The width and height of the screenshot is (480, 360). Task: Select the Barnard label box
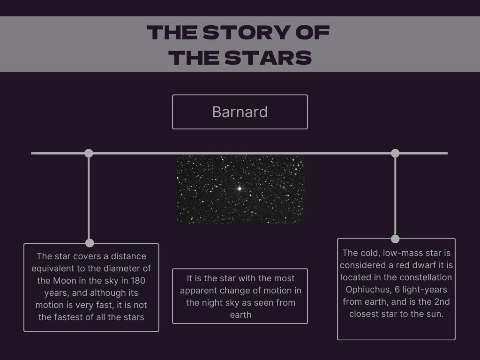[x=240, y=112]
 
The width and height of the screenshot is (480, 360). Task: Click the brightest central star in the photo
[x=240, y=188]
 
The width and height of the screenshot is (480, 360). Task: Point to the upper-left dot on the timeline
[x=89, y=153]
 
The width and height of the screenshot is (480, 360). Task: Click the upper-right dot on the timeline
[x=395, y=153]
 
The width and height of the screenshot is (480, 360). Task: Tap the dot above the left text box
[x=90, y=243]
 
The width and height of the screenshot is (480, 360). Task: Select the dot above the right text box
[x=395, y=239]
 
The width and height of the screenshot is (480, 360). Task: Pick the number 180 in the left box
[x=138, y=281]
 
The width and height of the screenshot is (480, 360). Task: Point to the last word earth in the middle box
[x=240, y=315]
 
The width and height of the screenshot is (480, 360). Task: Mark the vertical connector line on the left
[x=89, y=198]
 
